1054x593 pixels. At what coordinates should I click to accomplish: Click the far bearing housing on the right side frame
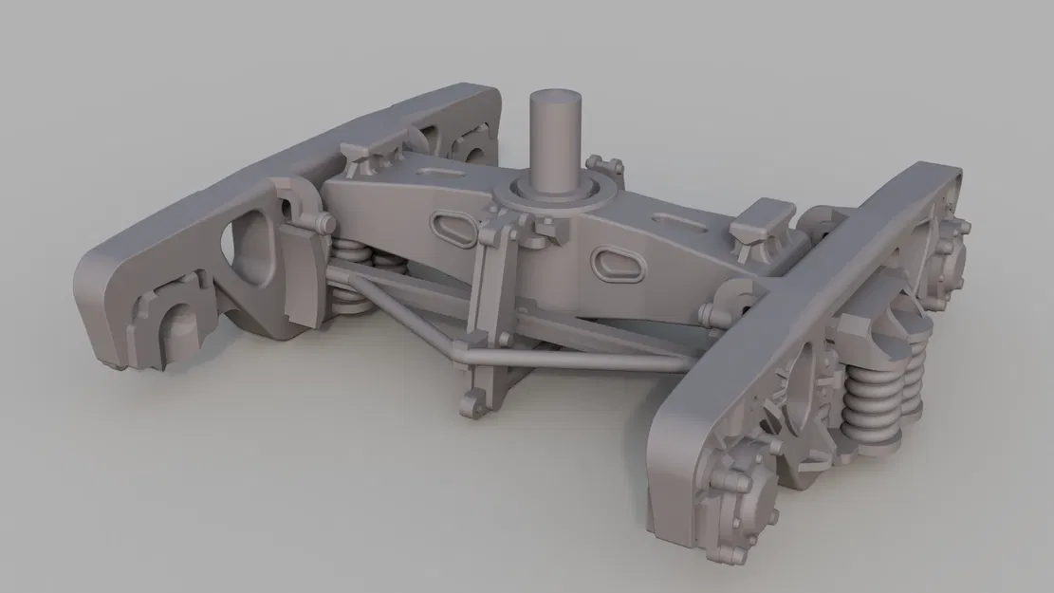(x=950, y=241)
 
